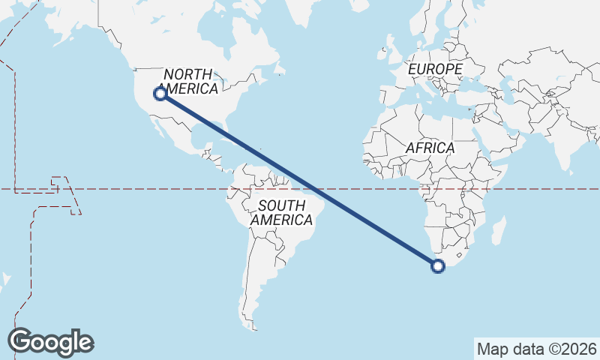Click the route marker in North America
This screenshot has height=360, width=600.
tap(160, 94)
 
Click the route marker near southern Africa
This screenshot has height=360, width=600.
tap(439, 265)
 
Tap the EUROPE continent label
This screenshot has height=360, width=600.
tap(435, 69)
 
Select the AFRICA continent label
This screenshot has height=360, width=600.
tap(430, 148)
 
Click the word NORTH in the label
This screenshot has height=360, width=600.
tap(188, 74)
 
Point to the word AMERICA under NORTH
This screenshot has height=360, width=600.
tap(190, 88)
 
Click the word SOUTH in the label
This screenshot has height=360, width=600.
tap(282, 205)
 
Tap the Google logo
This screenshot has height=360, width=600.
tap(50, 341)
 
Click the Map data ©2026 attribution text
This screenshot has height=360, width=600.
tap(536, 349)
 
